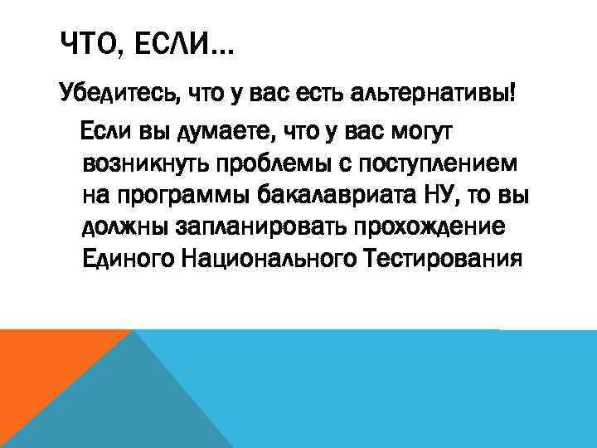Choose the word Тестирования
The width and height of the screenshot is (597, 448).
tap(443, 261)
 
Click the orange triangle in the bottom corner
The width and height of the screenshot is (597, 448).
tap(41, 373)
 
